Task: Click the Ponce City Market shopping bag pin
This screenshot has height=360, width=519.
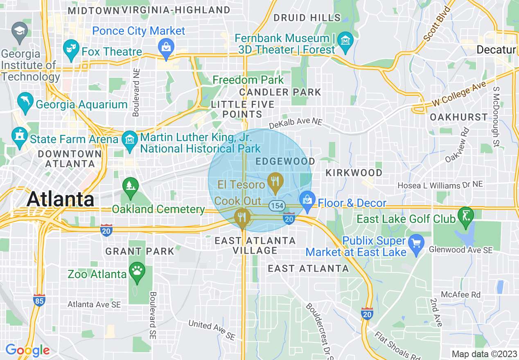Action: coord(166,46)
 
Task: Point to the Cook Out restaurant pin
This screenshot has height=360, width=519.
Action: coord(242,217)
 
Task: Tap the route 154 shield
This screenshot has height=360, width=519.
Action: coord(277,205)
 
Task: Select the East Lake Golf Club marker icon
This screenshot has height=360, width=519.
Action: coord(466,216)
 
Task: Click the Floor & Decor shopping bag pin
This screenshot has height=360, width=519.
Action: coord(307,201)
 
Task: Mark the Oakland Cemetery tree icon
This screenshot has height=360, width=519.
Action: coord(130,187)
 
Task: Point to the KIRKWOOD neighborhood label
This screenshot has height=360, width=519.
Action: coord(354,173)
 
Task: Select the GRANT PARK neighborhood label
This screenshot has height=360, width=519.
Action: coord(140,251)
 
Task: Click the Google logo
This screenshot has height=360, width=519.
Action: coord(27,350)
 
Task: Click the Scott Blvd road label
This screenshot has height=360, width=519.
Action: coord(437,24)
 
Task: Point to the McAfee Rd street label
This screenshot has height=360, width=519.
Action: coord(460,295)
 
